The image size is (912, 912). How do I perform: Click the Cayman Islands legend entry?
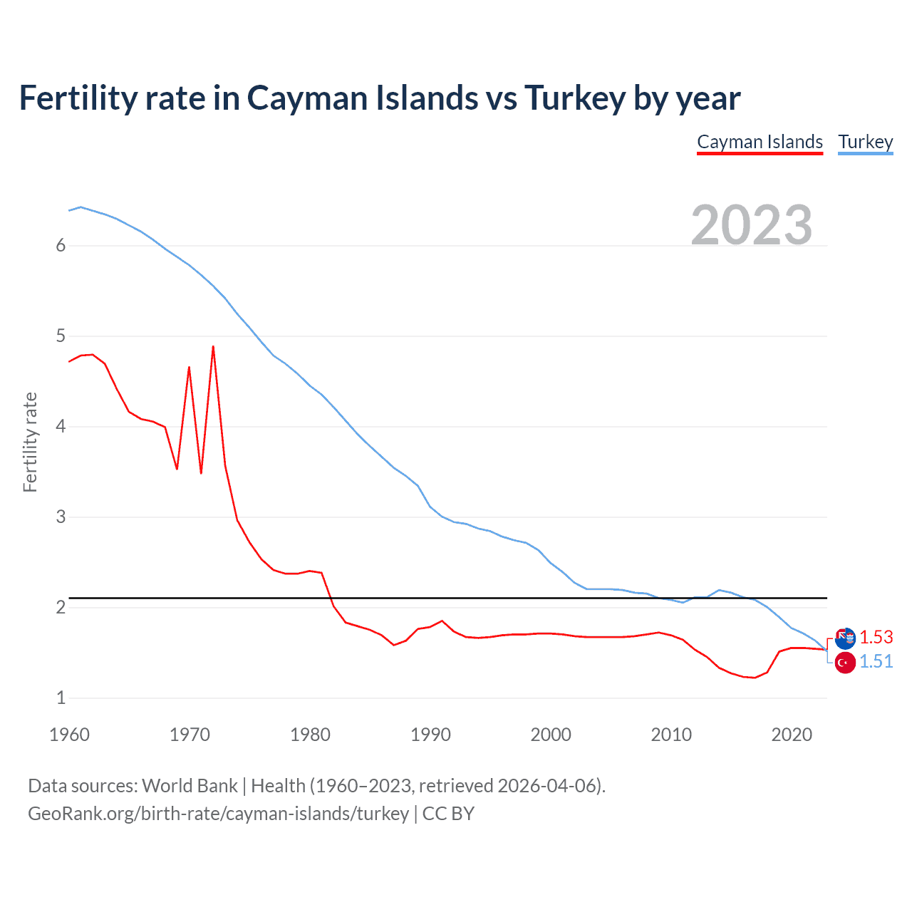coord(760,142)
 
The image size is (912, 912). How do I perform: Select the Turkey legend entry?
coord(865,142)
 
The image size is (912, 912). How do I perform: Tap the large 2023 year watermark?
coord(752,225)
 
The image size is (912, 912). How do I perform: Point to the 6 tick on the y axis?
coord(61,246)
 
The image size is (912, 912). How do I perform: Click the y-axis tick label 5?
coord(61,336)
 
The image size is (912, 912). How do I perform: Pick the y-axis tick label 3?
coord(61,517)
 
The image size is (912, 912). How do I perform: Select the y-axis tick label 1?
coord(61,698)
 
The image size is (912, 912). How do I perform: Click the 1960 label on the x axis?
coord(69,735)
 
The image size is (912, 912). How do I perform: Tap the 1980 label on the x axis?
coord(310,735)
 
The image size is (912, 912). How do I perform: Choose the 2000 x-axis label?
coord(551,735)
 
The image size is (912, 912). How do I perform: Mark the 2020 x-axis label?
coord(792,735)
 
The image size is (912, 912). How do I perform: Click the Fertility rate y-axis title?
coord(30,442)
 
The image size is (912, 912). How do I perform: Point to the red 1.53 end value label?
coord(876,637)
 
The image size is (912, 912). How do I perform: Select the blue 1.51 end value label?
coord(876,662)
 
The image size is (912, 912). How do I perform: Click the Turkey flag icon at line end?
coord(845,663)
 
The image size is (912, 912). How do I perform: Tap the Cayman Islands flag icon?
coord(845,638)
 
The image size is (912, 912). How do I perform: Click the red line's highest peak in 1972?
coord(213,347)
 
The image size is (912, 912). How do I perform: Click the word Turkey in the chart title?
coord(575,98)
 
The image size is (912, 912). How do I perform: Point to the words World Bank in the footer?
coord(190,786)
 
